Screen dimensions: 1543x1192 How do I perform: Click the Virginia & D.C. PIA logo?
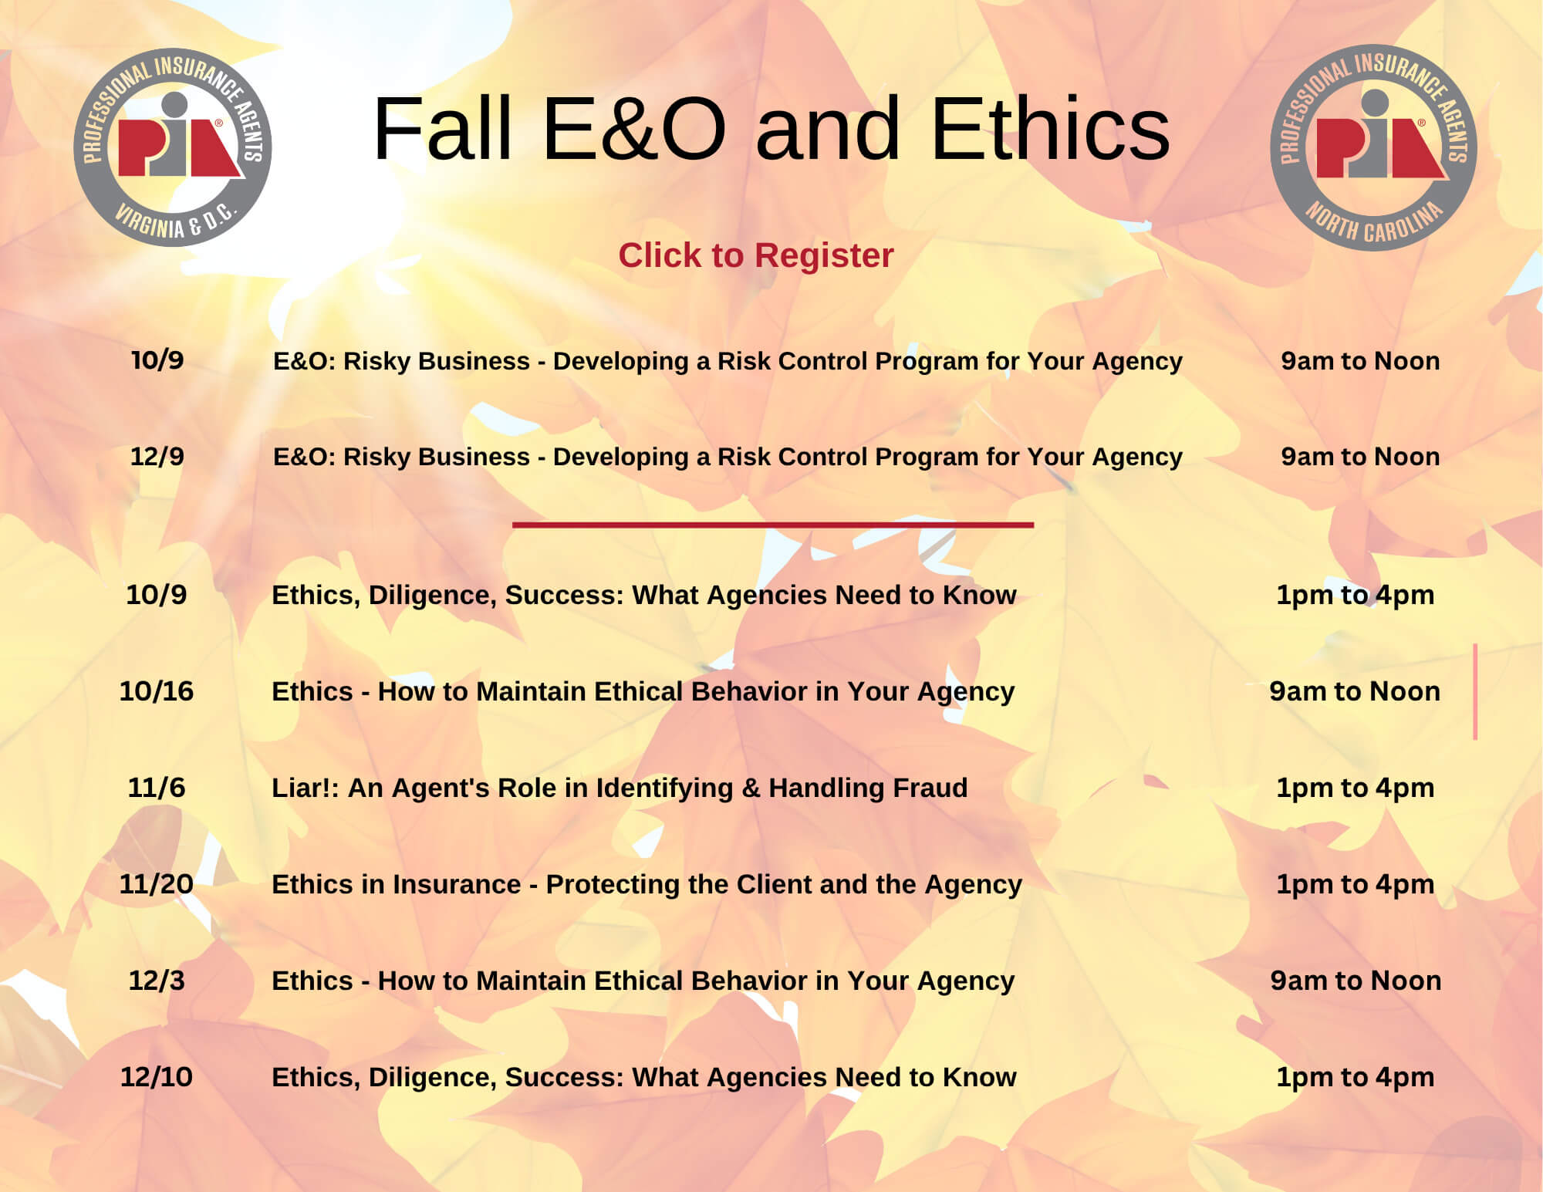[173, 147]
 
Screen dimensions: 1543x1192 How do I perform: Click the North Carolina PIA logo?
[1373, 147]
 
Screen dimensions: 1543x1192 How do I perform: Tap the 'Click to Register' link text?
[756, 255]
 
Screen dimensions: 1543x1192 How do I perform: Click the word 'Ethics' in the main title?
[1051, 129]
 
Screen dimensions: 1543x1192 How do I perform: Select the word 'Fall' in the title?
[442, 129]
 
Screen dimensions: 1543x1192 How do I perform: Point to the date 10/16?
[157, 691]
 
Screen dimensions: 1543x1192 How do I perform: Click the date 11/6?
[157, 788]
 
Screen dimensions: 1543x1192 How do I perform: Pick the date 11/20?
[157, 884]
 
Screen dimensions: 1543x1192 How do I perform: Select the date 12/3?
[157, 981]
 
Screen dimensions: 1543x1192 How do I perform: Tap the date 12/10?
[157, 1077]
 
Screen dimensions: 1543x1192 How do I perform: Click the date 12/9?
[157, 457]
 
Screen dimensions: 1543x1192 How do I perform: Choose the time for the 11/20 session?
[1356, 884]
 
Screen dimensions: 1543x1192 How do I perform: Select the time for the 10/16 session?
[1356, 691]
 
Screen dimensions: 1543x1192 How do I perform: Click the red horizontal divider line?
[773, 525]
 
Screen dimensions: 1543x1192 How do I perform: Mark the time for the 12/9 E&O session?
[1361, 457]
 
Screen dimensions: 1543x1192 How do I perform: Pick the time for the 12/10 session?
[1356, 1077]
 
